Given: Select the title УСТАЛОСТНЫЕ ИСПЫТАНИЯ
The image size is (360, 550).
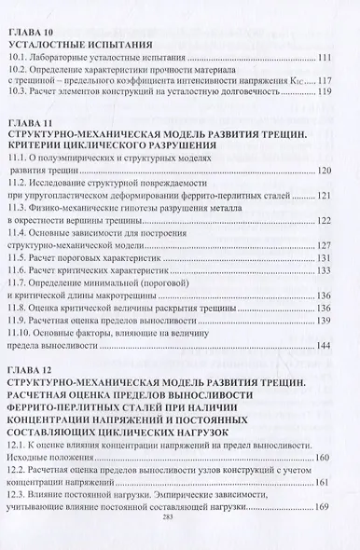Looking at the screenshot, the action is tap(67, 44).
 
